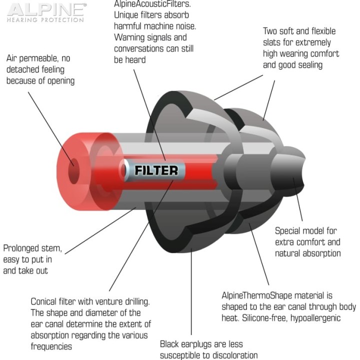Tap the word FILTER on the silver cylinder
click(x=156, y=170)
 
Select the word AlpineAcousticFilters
click(x=152, y=4)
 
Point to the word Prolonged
click(x=18, y=248)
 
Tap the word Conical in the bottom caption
click(x=44, y=301)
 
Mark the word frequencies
click(x=51, y=346)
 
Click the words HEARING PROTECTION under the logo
click(x=45, y=19)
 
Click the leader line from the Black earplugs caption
click(x=191, y=291)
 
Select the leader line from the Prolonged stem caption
click(x=100, y=230)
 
